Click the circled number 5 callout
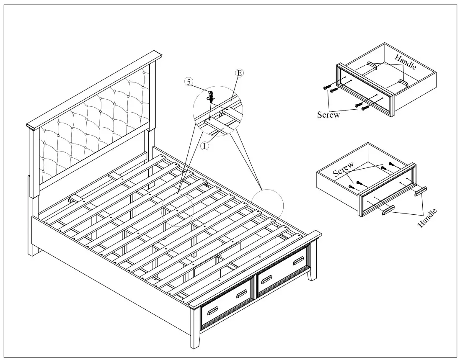coord(190,82)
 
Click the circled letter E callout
coord(239,73)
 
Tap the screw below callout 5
coord(210,96)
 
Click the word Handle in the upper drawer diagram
coord(405,62)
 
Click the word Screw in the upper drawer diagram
coord(328,115)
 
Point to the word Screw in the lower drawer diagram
coord(343,169)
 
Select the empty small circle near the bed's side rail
coord(269,205)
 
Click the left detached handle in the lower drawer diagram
coord(388,210)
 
